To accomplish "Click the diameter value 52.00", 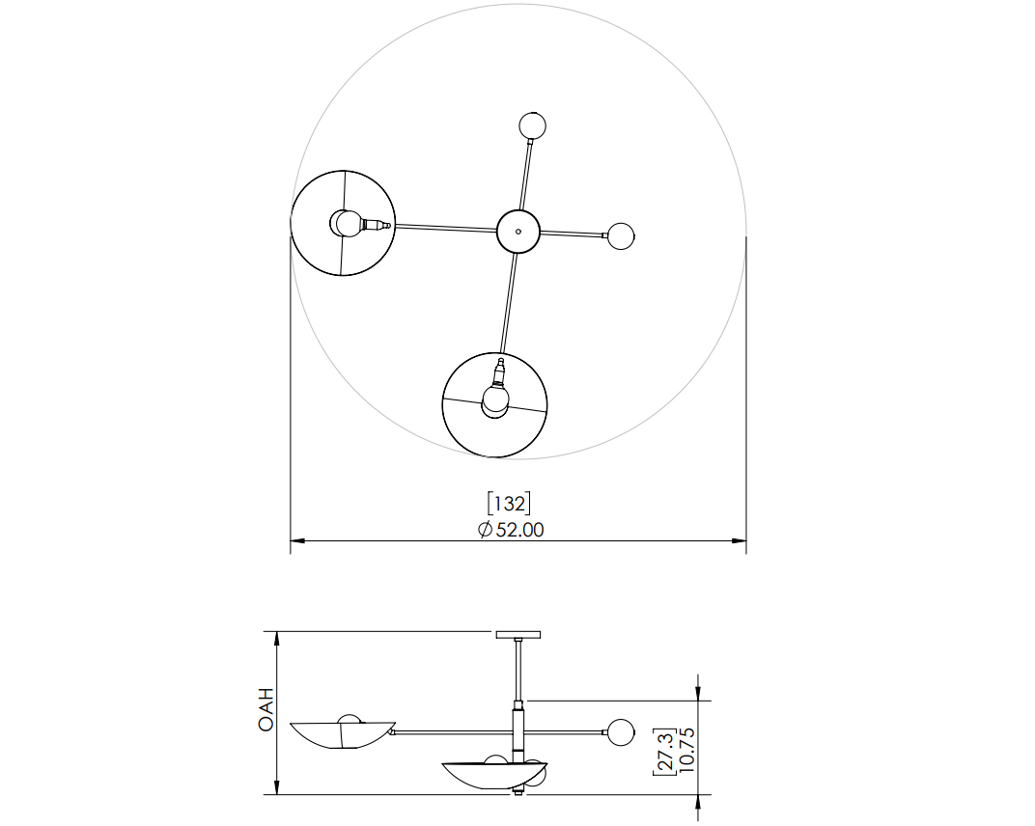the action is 520,530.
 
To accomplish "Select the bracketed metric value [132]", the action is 509,504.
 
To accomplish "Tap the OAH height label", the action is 266,709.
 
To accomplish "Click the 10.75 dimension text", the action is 686,750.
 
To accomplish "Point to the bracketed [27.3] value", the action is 665,752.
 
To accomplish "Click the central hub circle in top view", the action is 518,232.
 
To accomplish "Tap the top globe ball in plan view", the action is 533,126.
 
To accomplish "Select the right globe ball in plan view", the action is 621,236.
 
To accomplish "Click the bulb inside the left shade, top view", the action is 348,223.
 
